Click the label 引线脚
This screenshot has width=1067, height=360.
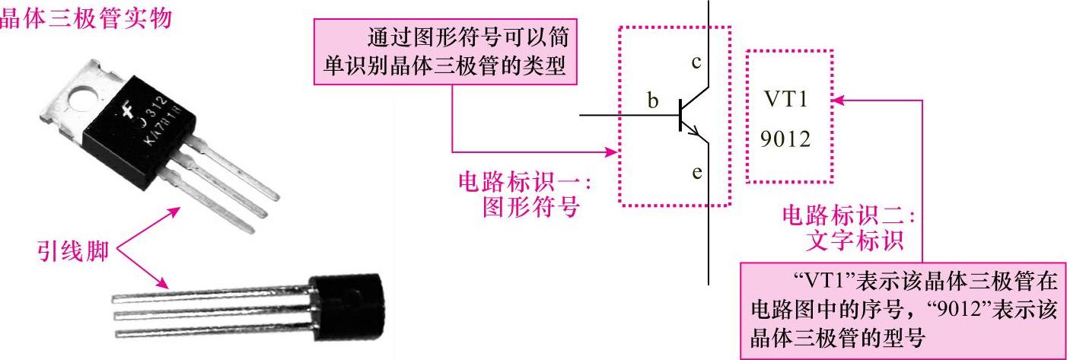click(72, 250)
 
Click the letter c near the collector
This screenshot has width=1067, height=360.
click(695, 63)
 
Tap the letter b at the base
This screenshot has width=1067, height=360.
click(652, 100)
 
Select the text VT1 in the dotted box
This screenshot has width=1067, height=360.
click(788, 100)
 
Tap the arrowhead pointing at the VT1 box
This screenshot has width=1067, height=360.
click(837, 100)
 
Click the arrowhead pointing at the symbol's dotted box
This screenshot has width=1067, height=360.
click(613, 151)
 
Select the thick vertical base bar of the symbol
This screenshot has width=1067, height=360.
click(679, 115)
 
